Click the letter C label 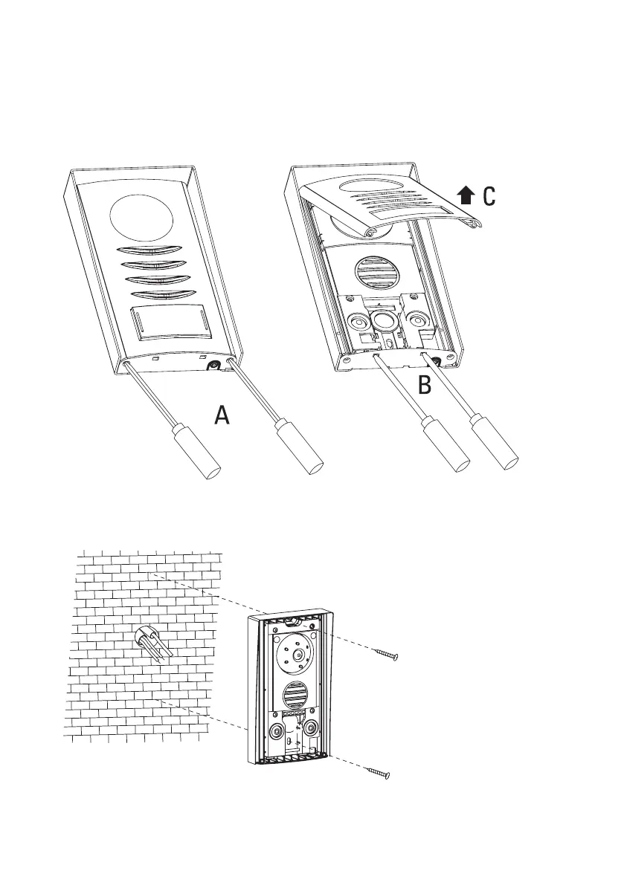point(488,196)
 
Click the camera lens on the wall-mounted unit point(297,655)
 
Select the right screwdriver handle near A point(301,449)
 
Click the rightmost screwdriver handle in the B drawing point(495,450)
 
